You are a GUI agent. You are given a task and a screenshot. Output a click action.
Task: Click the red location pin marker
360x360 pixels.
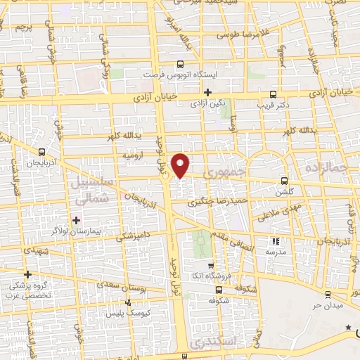click(x=181, y=165)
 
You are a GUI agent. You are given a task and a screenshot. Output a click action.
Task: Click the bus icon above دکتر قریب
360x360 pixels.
click(x=274, y=94)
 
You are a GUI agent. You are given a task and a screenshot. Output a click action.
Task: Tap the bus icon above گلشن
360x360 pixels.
click(x=284, y=180)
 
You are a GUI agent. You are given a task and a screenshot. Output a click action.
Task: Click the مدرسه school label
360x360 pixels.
click(x=275, y=251)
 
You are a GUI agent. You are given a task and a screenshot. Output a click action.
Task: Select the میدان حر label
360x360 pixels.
click(x=326, y=307)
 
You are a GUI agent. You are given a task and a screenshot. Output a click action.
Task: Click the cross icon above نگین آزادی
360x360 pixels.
click(x=207, y=92)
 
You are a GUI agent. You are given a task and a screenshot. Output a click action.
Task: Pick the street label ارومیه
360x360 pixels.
click(x=134, y=155)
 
